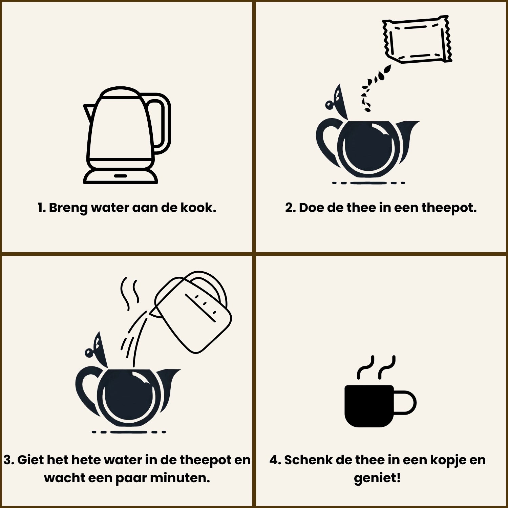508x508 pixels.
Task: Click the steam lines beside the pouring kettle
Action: (x=130, y=293)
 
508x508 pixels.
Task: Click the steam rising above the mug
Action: (x=376, y=367)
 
